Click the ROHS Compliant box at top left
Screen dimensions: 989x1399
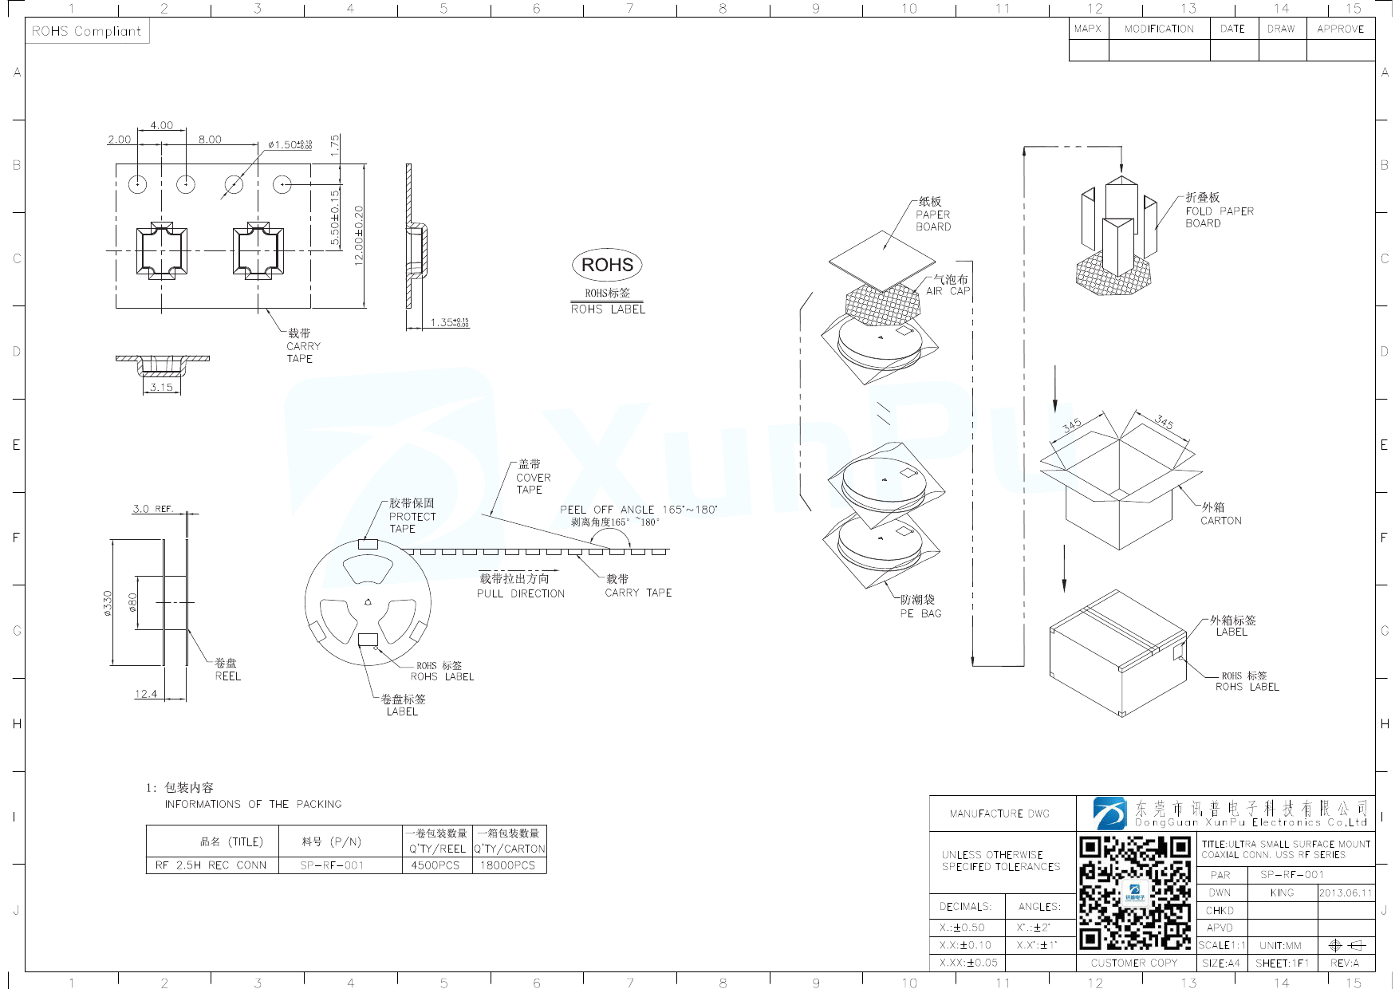tap(86, 31)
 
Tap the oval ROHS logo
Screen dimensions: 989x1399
tap(607, 265)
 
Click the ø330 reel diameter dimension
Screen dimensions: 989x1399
tap(108, 603)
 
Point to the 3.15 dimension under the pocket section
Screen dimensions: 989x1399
tap(161, 387)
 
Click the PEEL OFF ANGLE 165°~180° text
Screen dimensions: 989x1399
tap(638, 510)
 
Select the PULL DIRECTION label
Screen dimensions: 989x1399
tap(520, 593)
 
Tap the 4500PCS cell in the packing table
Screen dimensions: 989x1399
tap(435, 865)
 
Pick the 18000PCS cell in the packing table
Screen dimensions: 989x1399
tap(507, 865)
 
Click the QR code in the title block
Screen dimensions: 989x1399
tap(1135, 892)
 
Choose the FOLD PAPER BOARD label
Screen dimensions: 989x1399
tap(1219, 211)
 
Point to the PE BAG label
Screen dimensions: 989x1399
tap(920, 613)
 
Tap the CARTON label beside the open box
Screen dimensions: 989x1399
tap(1220, 521)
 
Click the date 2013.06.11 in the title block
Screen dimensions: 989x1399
tap(1346, 892)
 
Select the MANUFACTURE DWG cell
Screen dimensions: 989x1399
tap(999, 814)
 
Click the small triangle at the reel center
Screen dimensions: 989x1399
tap(368, 602)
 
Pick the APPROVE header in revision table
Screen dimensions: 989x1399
tap(1340, 29)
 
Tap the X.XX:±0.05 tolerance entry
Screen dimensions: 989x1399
tap(968, 963)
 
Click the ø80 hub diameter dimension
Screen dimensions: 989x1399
tap(133, 603)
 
